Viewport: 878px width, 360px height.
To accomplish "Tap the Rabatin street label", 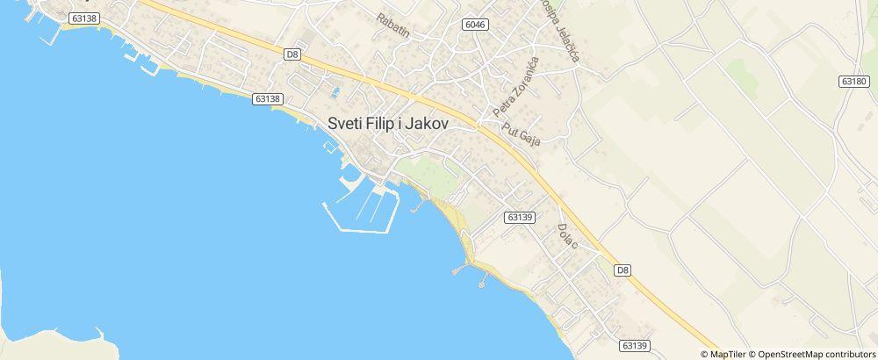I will pyautogui.click(x=392, y=25).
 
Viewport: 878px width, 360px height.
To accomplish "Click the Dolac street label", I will pyautogui.click(x=566, y=235).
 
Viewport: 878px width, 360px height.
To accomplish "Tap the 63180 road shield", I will pyautogui.click(x=853, y=81).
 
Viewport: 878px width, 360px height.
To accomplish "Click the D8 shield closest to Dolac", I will pyautogui.click(x=623, y=270).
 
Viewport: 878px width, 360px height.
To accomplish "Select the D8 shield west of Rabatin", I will pyautogui.click(x=293, y=54).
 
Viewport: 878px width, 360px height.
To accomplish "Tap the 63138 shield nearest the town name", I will pyautogui.click(x=267, y=99).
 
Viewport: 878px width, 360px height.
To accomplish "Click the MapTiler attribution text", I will pyautogui.click(x=728, y=353).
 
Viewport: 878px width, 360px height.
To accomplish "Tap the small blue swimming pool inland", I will pyautogui.click(x=335, y=90).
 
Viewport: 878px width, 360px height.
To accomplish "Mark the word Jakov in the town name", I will pyautogui.click(x=426, y=125).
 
